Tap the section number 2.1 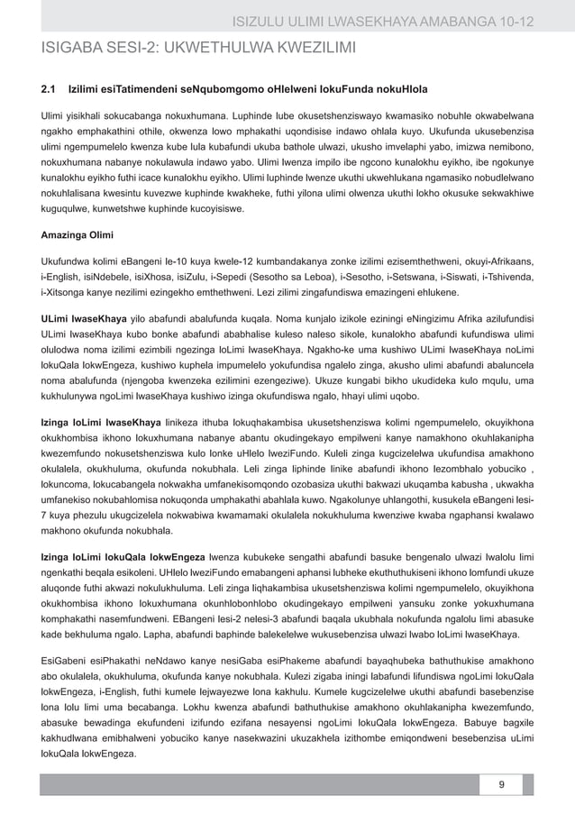pyautogui.click(x=50, y=91)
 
